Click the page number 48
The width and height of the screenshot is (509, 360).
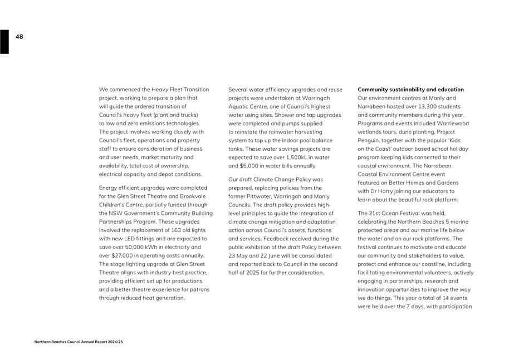click(19, 37)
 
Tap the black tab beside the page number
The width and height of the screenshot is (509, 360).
click(4, 42)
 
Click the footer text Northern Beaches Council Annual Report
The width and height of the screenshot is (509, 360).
click(78, 342)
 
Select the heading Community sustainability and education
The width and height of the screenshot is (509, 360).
click(410, 90)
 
